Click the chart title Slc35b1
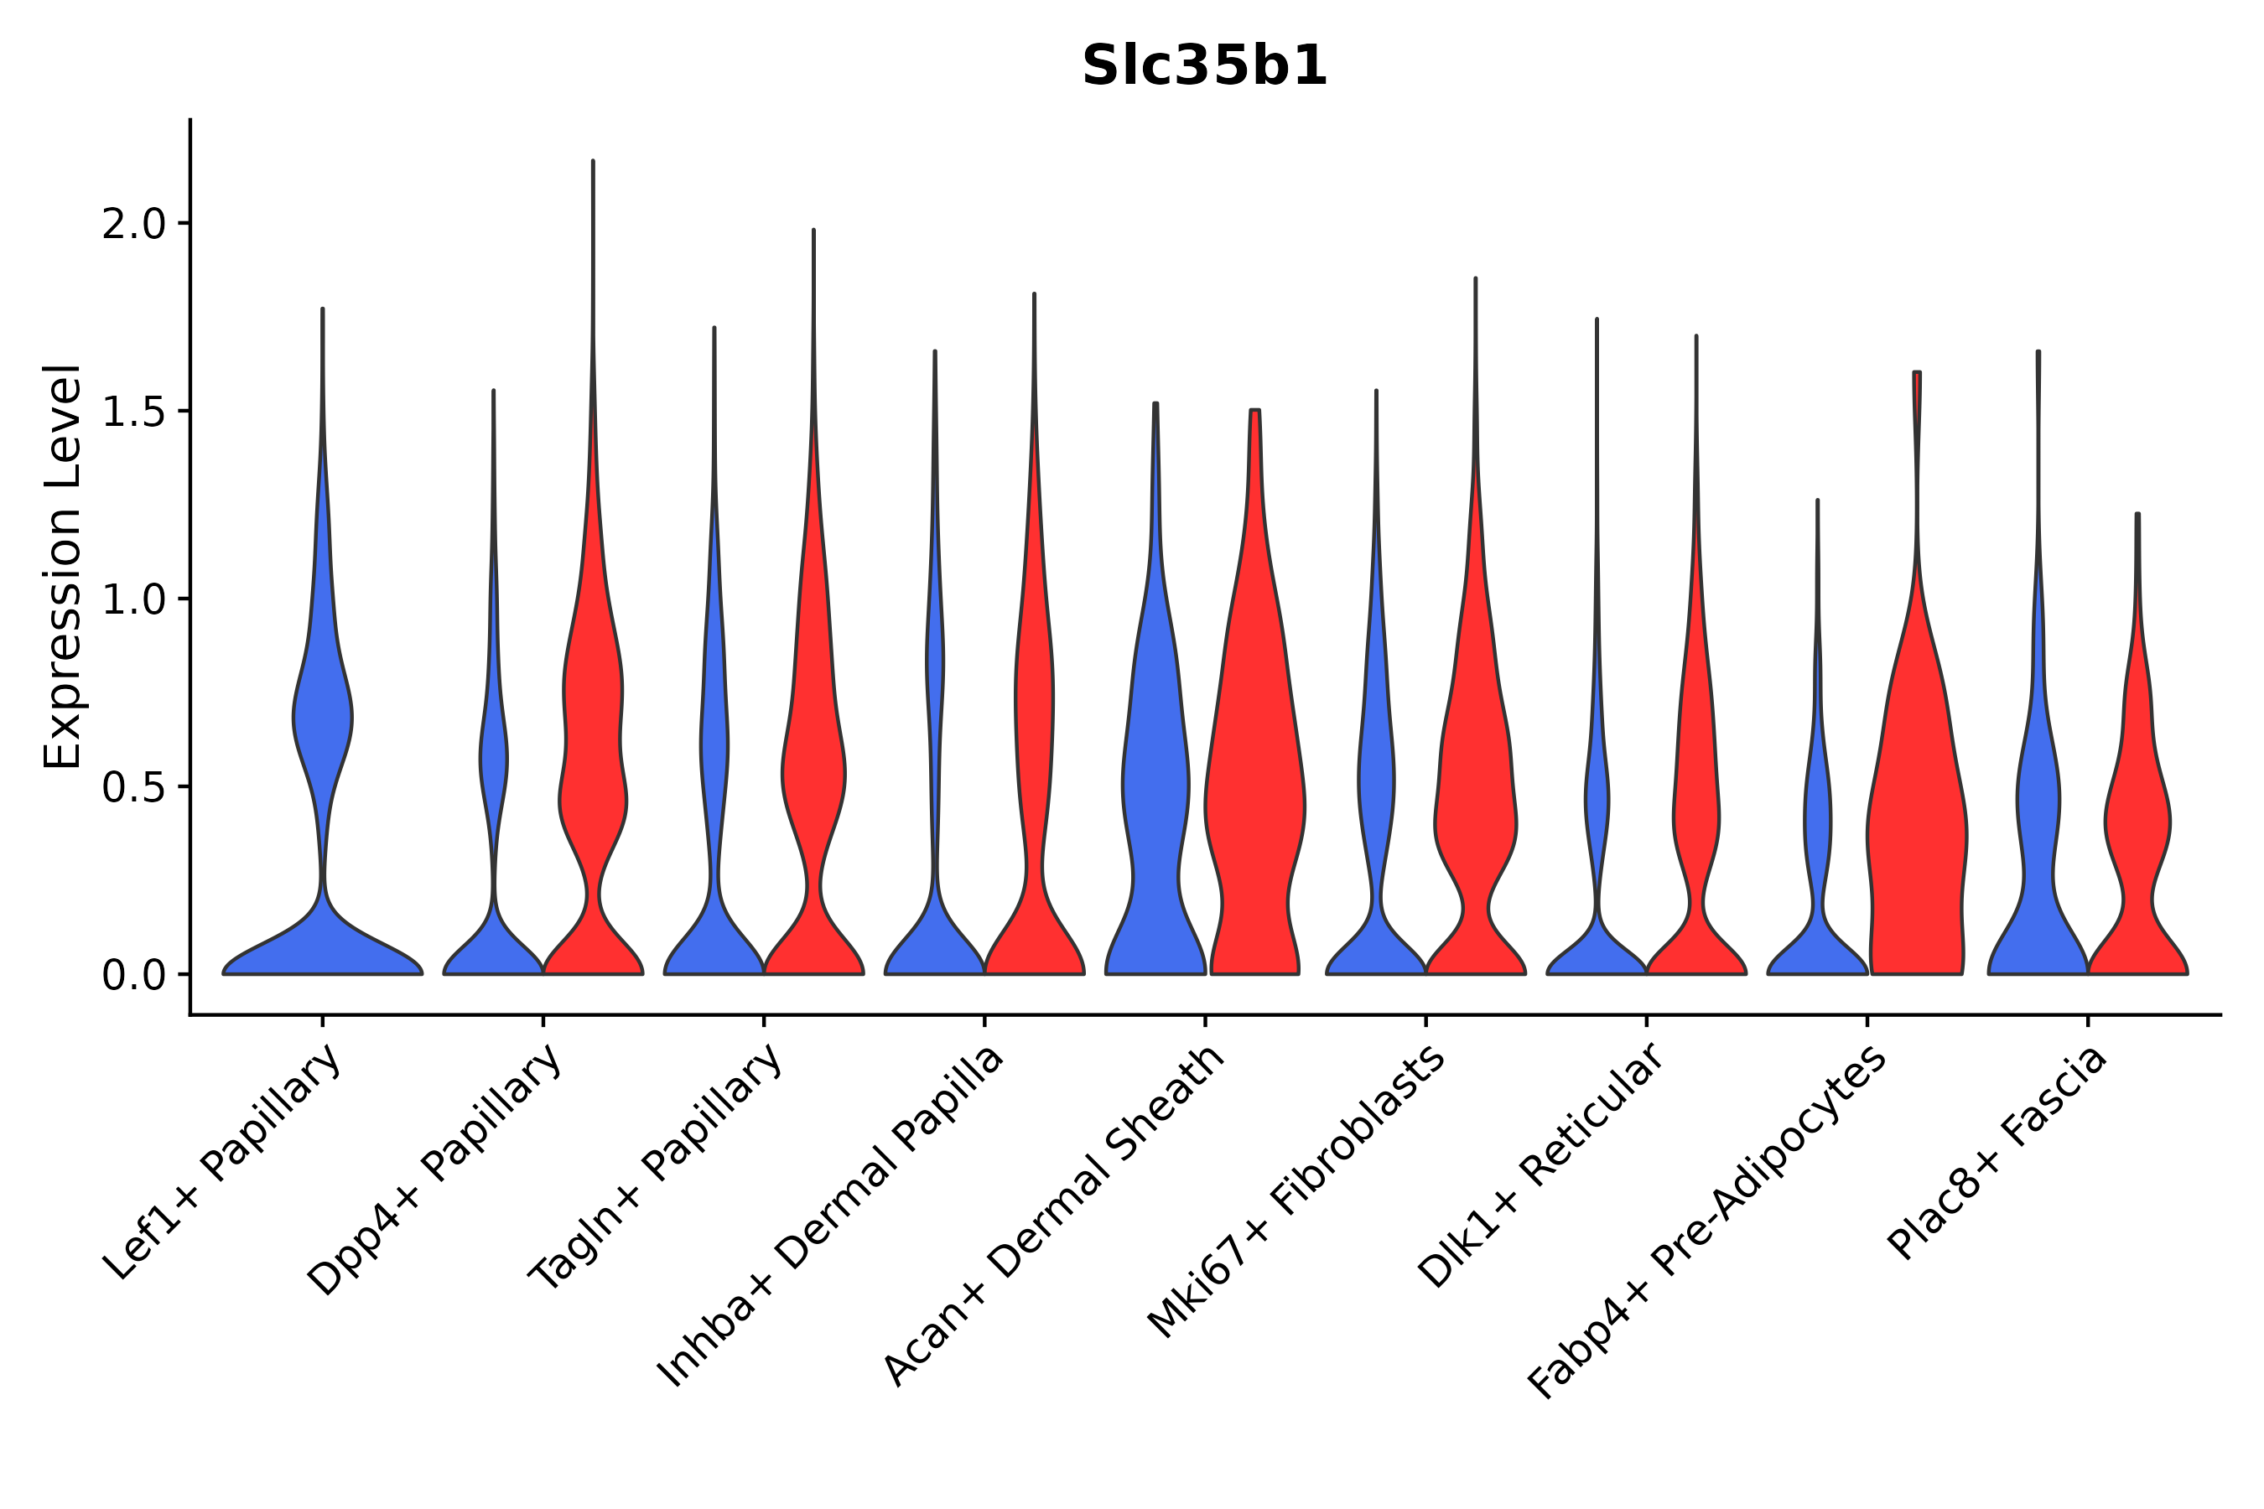pos(1204,67)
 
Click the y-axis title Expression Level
pos(63,566)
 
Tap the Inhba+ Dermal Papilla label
pos(831,1216)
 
